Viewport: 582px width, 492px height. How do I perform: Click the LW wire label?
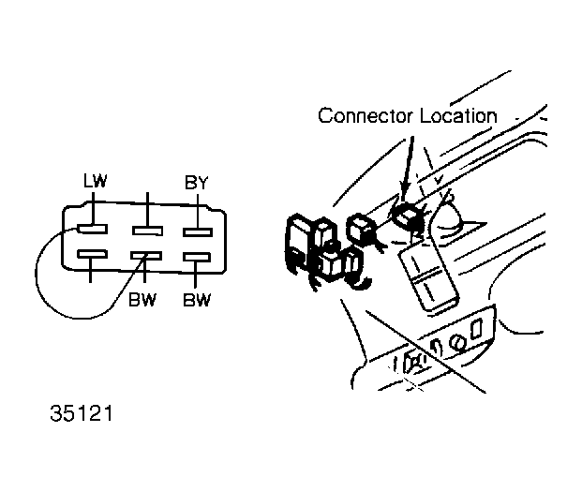coord(95,181)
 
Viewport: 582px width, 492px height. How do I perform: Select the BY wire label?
coord(197,183)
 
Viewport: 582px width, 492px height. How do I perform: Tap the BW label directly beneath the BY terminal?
coord(197,300)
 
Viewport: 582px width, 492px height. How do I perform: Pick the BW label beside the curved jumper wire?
coord(142,300)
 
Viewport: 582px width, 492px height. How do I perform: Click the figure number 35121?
coord(82,413)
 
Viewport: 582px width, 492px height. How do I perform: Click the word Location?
coord(458,115)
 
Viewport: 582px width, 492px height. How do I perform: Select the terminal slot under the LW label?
coord(93,229)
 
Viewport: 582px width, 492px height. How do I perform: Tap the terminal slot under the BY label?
coord(198,232)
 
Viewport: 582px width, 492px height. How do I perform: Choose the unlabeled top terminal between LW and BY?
coord(147,231)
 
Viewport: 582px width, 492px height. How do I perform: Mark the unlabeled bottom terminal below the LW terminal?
coord(93,254)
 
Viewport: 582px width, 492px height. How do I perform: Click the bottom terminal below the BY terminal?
coord(197,257)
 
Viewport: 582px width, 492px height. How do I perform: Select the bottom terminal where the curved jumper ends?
coord(146,256)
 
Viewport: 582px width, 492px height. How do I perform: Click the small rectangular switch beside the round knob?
coord(476,328)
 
